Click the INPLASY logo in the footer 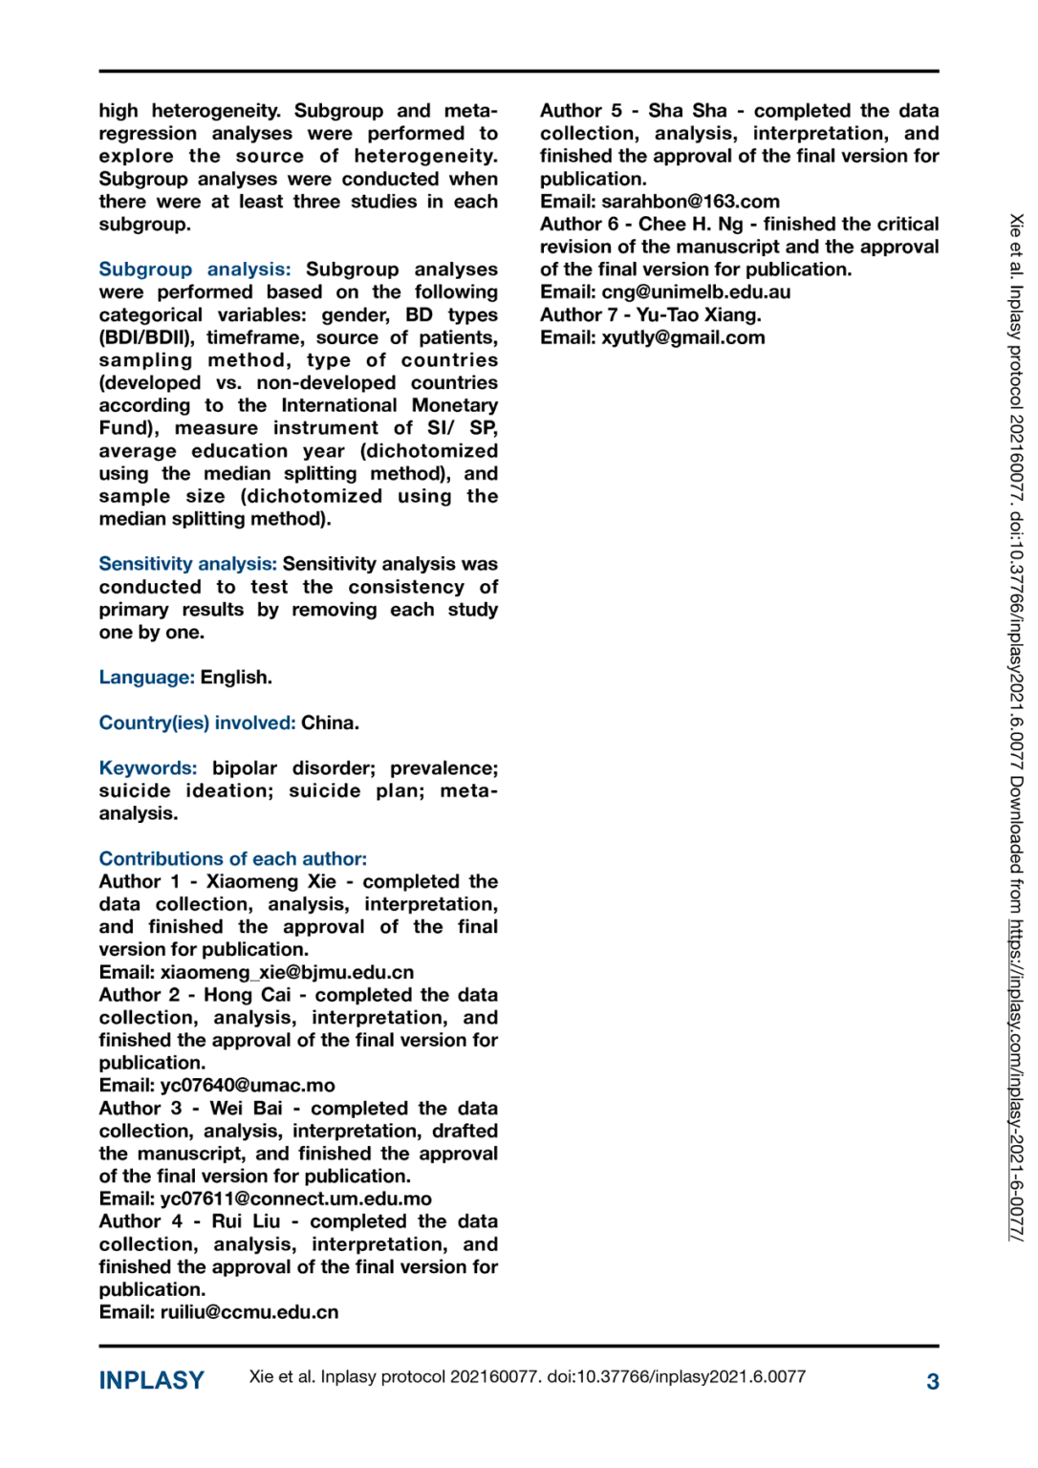pos(151,1380)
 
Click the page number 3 pos(932,1381)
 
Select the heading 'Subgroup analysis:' pos(194,270)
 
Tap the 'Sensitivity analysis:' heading pos(187,564)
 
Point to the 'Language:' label pos(146,678)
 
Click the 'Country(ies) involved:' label pos(197,723)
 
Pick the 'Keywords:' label pos(148,768)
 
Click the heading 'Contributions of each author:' pos(232,858)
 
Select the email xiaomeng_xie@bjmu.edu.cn pos(287,972)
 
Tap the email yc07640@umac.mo pos(248,1086)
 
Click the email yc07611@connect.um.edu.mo pos(295,1198)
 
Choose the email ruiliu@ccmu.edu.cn pos(249,1312)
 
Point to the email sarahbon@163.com pos(690,202)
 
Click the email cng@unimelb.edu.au pos(696,292)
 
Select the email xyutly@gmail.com pos(682,337)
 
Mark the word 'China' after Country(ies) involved pos(328,723)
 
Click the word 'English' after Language pos(234,678)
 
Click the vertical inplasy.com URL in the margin pos(1015,1080)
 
